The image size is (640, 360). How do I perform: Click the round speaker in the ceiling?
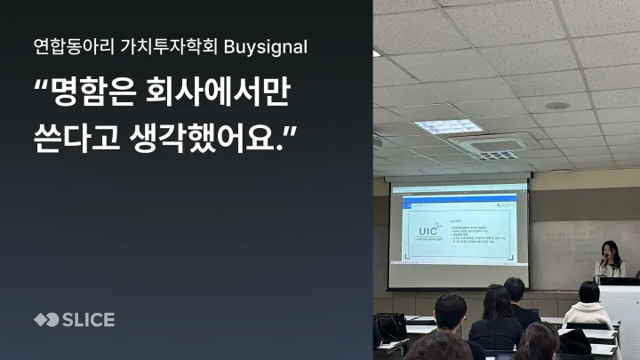[x=557, y=105]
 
